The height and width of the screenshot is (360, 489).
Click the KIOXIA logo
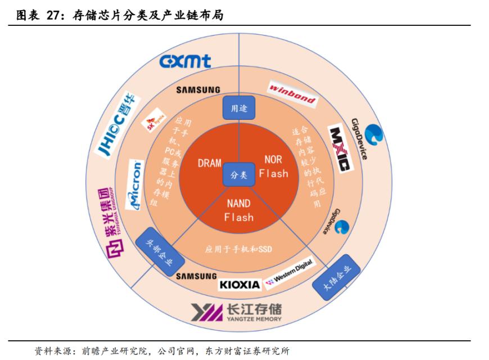pos(240,285)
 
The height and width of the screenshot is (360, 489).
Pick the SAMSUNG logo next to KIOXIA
pos(196,276)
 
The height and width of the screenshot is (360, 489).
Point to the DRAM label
pos(210,163)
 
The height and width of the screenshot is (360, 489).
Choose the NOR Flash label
pos(273,167)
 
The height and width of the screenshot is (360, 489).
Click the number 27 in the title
pos(55,16)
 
